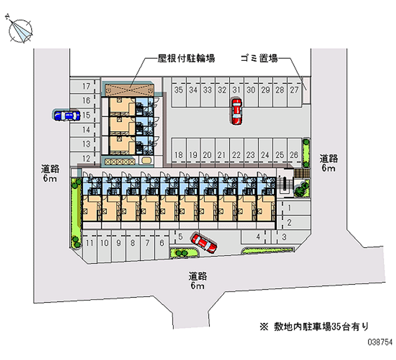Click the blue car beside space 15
click(x=66, y=115)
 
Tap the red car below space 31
click(x=237, y=111)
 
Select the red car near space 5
click(x=204, y=243)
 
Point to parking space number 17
click(x=86, y=86)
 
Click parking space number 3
click(x=284, y=237)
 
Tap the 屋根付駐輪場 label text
click(x=187, y=58)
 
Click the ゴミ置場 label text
click(x=259, y=58)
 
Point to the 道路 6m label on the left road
click(x=50, y=173)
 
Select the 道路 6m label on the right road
click(x=329, y=163)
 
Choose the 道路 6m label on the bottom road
click(x=198, y=280)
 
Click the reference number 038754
click(x=380, y=342)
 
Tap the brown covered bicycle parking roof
click(x=130, y=90)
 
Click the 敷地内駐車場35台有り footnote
click(x=314, y=327)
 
